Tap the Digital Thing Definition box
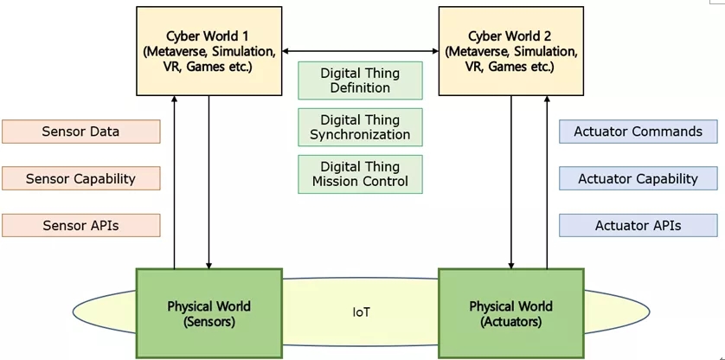coord(360,80)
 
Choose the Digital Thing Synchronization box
coord(360,127)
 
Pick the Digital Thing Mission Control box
coord(360,174)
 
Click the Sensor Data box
coord(80,132)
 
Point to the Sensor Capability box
coord(80,179)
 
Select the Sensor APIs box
coord(80,226)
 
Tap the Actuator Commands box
coord(638,132)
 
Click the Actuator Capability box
coord(638,179)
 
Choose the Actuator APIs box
coord(638,226)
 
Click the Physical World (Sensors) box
coord(209,313)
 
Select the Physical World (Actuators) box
coord(510,313)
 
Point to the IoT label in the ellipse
coord(361,312)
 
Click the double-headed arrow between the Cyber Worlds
coord(360,52)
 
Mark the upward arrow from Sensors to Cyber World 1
coord(174,182)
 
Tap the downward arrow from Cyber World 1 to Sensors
coord(209,182)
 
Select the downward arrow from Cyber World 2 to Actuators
coord(511,182)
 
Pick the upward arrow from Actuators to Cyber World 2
coord(546,182)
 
